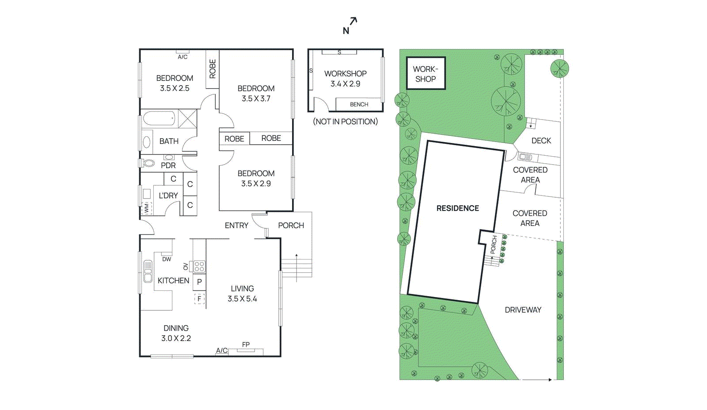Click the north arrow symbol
[350, 26]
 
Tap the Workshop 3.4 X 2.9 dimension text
[345, 84]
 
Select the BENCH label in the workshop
[359, 105]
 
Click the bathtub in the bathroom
[159, 119]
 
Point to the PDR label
[168, 166]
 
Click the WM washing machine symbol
[147, 208]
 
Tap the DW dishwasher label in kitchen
[167, 259]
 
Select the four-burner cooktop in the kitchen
[199, 267]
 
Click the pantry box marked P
[199, 282]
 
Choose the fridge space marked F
[199, 299]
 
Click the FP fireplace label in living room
[246, 345]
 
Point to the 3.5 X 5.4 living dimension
[242, 299]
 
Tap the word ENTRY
[236, 226]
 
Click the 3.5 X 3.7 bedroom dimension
[256, 99]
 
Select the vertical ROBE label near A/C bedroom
[213, 69]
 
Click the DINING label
[176, 328]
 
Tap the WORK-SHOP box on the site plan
[426, 74]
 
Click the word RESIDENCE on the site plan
[457, 208]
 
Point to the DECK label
[541, 141]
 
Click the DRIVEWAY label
[523, 310]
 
